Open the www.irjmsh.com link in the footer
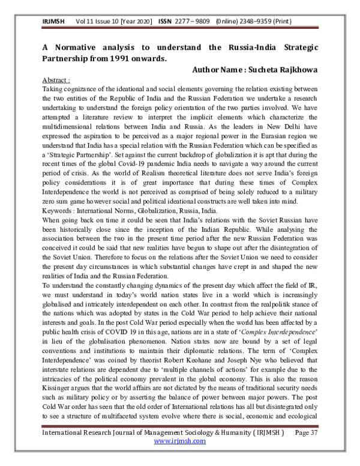tap(180, 457)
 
